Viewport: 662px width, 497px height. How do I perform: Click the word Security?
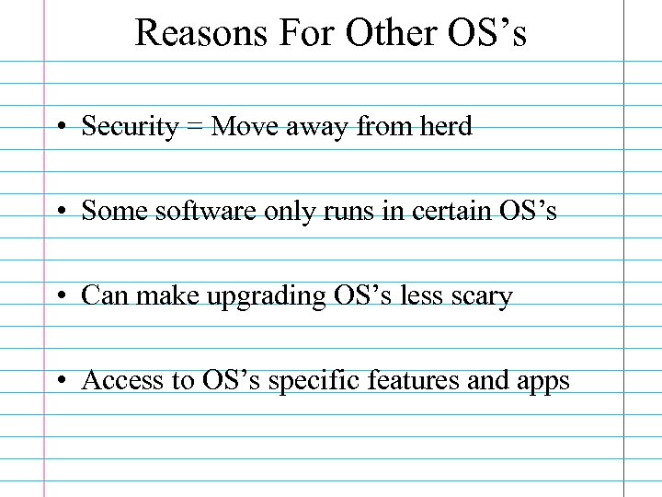tap(130, 126)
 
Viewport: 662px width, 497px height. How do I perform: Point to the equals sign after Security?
tap(194, 127)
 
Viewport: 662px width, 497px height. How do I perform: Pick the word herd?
tap(445, 126)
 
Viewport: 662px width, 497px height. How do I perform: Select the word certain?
tap(452, 211)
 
